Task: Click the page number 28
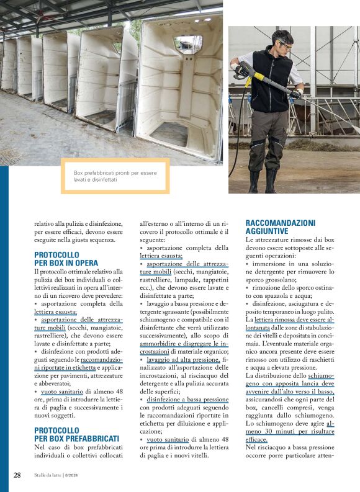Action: click(17, 475)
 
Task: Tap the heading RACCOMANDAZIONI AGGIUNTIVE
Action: click(280, 226)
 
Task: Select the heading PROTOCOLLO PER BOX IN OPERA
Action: click(66, 259)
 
